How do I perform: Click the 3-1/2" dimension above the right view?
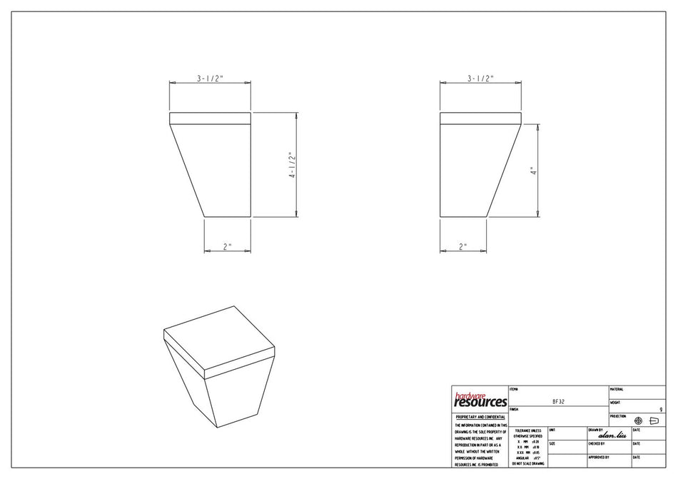click(x=480, y=79)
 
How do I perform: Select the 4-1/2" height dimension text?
click(x=291, y=165)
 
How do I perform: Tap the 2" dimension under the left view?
click(x=227, y=247)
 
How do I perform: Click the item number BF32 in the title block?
click(x=559, y=402)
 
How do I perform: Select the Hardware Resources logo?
click(x=480, y=400)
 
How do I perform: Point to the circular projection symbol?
click(x=638, y=421)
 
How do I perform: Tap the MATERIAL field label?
click(x=617, y=390)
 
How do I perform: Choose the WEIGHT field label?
click(x=615, y=403)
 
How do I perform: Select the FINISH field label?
click(x=515, y=410)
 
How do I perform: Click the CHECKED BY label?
click(x=598, y=444)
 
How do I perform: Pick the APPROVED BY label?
click(x=599, y=457)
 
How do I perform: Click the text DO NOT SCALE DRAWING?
click(x=528, y=464)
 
